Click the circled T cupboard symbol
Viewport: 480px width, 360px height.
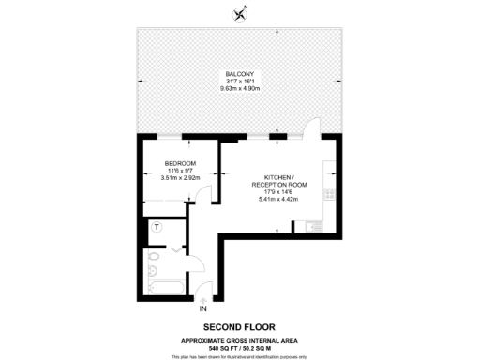tap(157, 228)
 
